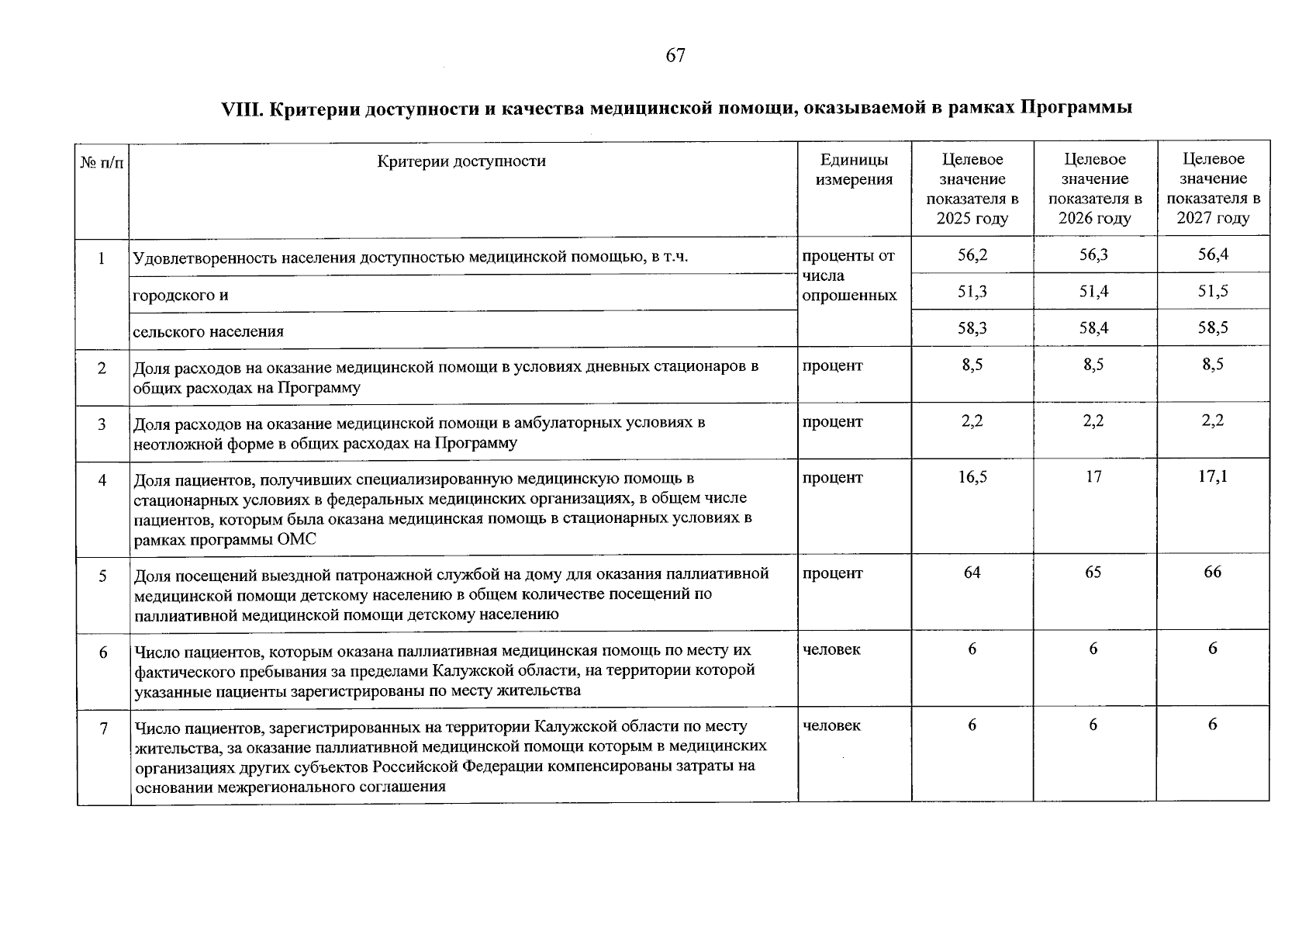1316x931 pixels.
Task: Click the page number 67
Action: [675, 55]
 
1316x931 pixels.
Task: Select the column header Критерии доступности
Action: [461, 161]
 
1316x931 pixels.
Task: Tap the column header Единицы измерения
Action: [855, 169]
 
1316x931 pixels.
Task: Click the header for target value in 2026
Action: [1094, 189]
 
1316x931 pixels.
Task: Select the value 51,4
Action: [1093, 292]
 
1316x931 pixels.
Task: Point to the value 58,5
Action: [1212, 328]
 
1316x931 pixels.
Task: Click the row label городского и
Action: [181, 296]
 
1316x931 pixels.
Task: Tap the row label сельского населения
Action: [208, 332]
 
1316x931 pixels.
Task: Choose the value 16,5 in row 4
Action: [972, 477]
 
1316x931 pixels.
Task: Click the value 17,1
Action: [1212, 477]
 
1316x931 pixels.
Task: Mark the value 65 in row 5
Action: [1093, 573]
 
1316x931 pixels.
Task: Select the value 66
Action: [1212, 573]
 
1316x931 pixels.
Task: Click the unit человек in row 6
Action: [831, 649]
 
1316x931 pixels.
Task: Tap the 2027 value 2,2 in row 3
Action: [1212, 421]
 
